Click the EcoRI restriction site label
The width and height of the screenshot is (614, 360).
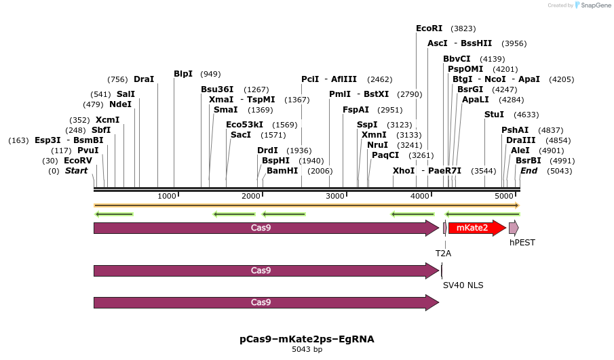point(429,28)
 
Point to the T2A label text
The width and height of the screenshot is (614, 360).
point(443,253)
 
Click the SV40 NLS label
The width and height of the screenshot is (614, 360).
point(463,285)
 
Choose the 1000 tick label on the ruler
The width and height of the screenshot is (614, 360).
point(167,196)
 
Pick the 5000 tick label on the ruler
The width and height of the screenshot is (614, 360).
point(504,196)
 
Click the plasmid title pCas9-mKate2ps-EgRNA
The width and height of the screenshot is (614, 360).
point(307,338)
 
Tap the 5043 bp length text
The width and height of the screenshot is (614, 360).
point(307,349)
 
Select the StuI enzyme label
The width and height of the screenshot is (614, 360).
point(494,115)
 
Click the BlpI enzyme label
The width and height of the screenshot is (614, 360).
point(183,74)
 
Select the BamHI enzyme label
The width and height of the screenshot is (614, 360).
point(282,171)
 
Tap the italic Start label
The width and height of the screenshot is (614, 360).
point(76,171)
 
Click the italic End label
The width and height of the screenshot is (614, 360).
point(529,171)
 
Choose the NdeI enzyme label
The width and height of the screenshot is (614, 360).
point(120,104)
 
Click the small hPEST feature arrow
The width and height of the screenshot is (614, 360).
point(514,228)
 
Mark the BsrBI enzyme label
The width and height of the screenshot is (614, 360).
point(528,161)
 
